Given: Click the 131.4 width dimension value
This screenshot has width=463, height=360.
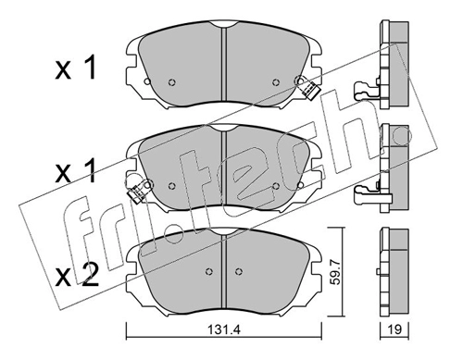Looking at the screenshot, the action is [224, 329].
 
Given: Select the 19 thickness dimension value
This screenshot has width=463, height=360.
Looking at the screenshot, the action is [394, 329].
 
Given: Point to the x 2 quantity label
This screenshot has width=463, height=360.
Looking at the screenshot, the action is [77, 275].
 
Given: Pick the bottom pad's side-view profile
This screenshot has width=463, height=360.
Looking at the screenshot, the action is [394, 272].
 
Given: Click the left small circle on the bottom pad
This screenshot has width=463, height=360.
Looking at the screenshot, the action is [209, 271].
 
